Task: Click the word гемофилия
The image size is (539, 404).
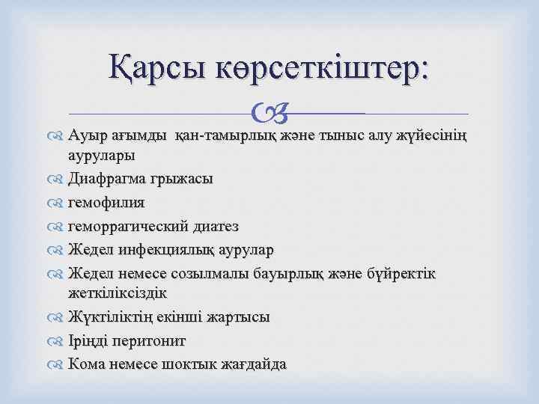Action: click(x=106, y=203)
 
